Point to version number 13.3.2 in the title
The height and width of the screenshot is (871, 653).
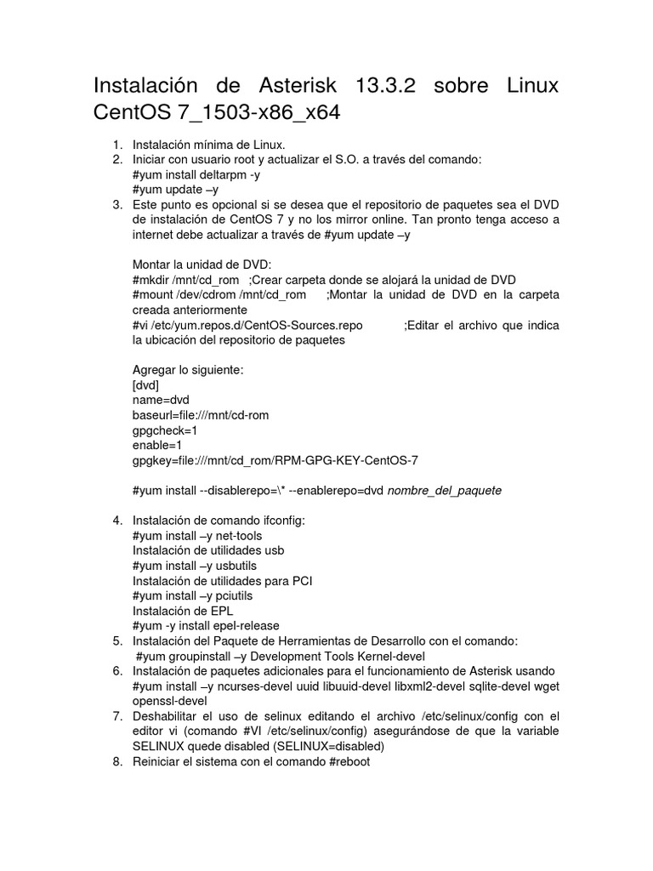click(380, 87)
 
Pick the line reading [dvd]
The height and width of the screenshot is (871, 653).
click(146, 385)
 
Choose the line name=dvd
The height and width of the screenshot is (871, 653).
click(161, 400)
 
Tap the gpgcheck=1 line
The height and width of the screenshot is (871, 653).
click(165, 430)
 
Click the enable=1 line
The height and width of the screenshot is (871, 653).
click(157, 445)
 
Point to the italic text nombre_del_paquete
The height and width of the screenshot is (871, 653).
click(445, 491)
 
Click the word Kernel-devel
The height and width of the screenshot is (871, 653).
click(382, 656)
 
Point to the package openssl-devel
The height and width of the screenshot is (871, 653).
click(170, 701)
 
